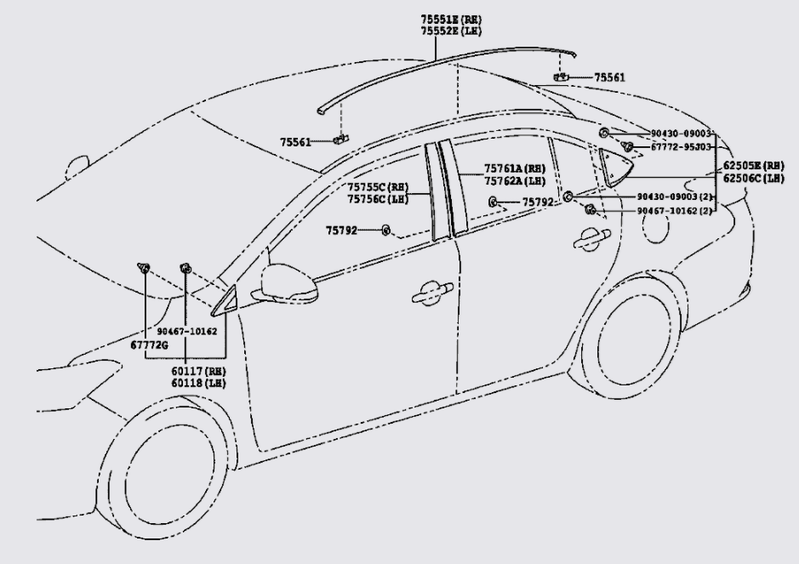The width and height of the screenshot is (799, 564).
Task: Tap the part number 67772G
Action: pos(149,344)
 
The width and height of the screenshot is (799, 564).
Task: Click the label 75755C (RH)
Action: pos(378,187)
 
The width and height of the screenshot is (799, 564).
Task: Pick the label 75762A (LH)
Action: pos(515,180)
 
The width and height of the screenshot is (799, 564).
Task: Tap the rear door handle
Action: pos(588,240)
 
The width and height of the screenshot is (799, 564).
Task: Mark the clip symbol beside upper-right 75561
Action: pos(561,77)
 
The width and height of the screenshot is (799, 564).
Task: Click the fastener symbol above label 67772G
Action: pos(144,270)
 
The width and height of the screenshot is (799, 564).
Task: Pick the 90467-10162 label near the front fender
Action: pos(187,330)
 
